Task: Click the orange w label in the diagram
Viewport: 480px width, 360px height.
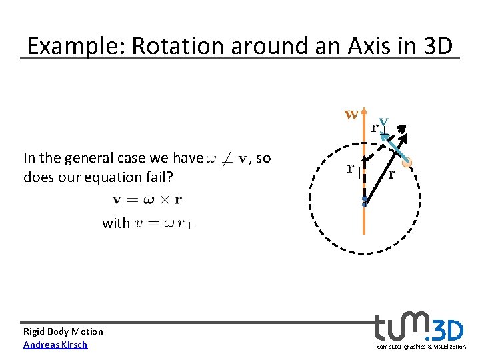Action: click(351, 115)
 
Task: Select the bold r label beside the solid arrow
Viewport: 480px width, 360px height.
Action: click(391, 175)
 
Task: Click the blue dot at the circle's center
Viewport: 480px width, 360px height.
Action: click(364, 201)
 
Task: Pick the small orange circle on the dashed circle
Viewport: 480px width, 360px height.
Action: click(407, 162)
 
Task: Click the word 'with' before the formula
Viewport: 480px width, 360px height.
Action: click(115, 223)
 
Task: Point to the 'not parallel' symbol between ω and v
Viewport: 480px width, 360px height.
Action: click(227, 159)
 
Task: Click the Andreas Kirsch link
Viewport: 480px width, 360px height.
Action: click(55, 344)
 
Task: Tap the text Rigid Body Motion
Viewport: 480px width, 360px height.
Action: click(63, 331)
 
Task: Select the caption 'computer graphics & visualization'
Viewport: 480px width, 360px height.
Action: click(421, 347)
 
